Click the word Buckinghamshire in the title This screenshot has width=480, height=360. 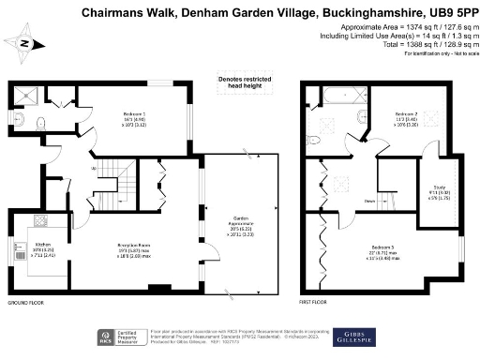pyautogui.click(x=360, y=13)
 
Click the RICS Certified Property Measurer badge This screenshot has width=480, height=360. pyautogui.click(x=115, y=337)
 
